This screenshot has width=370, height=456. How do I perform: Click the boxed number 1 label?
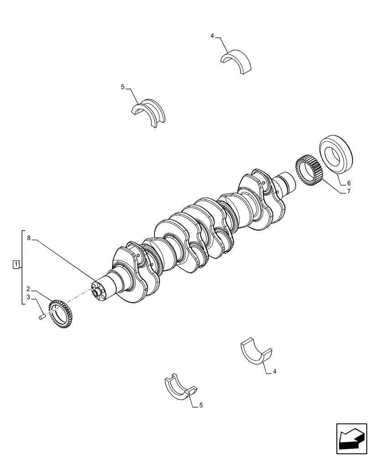(x=16, y=264)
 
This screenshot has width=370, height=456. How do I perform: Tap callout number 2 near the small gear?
(x=28, y=289)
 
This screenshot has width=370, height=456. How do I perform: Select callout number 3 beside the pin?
(x=28, y=297)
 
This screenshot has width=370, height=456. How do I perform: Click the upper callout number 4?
(x=212, y=36)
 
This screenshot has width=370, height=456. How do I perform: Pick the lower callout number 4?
(x=275, y=372)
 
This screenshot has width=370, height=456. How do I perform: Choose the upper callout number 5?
(x=123, y=87)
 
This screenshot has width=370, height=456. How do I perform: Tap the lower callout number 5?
(x=200, y=404)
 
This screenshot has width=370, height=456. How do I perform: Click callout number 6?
(x=349, y=183)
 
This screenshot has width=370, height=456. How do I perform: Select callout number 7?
(x=349, y=192)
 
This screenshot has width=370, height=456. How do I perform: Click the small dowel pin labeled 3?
(x=41, y=316)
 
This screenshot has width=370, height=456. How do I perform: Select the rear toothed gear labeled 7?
(x=310, y=172)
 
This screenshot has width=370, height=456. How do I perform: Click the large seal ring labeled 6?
(x=337, y=155)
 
